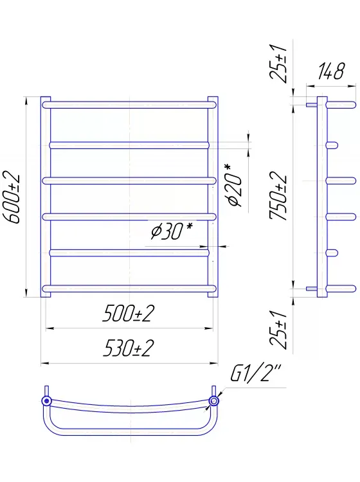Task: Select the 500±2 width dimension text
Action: pos(128,314)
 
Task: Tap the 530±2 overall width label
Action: pos(128,348)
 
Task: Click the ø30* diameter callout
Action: pos(172,231)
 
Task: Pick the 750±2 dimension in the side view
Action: pos(278,196)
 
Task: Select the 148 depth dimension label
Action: pos(331,71)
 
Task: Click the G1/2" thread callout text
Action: pos(256,373)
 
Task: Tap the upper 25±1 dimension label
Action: pos(278,64)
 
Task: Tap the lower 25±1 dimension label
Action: pos(278,330)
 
